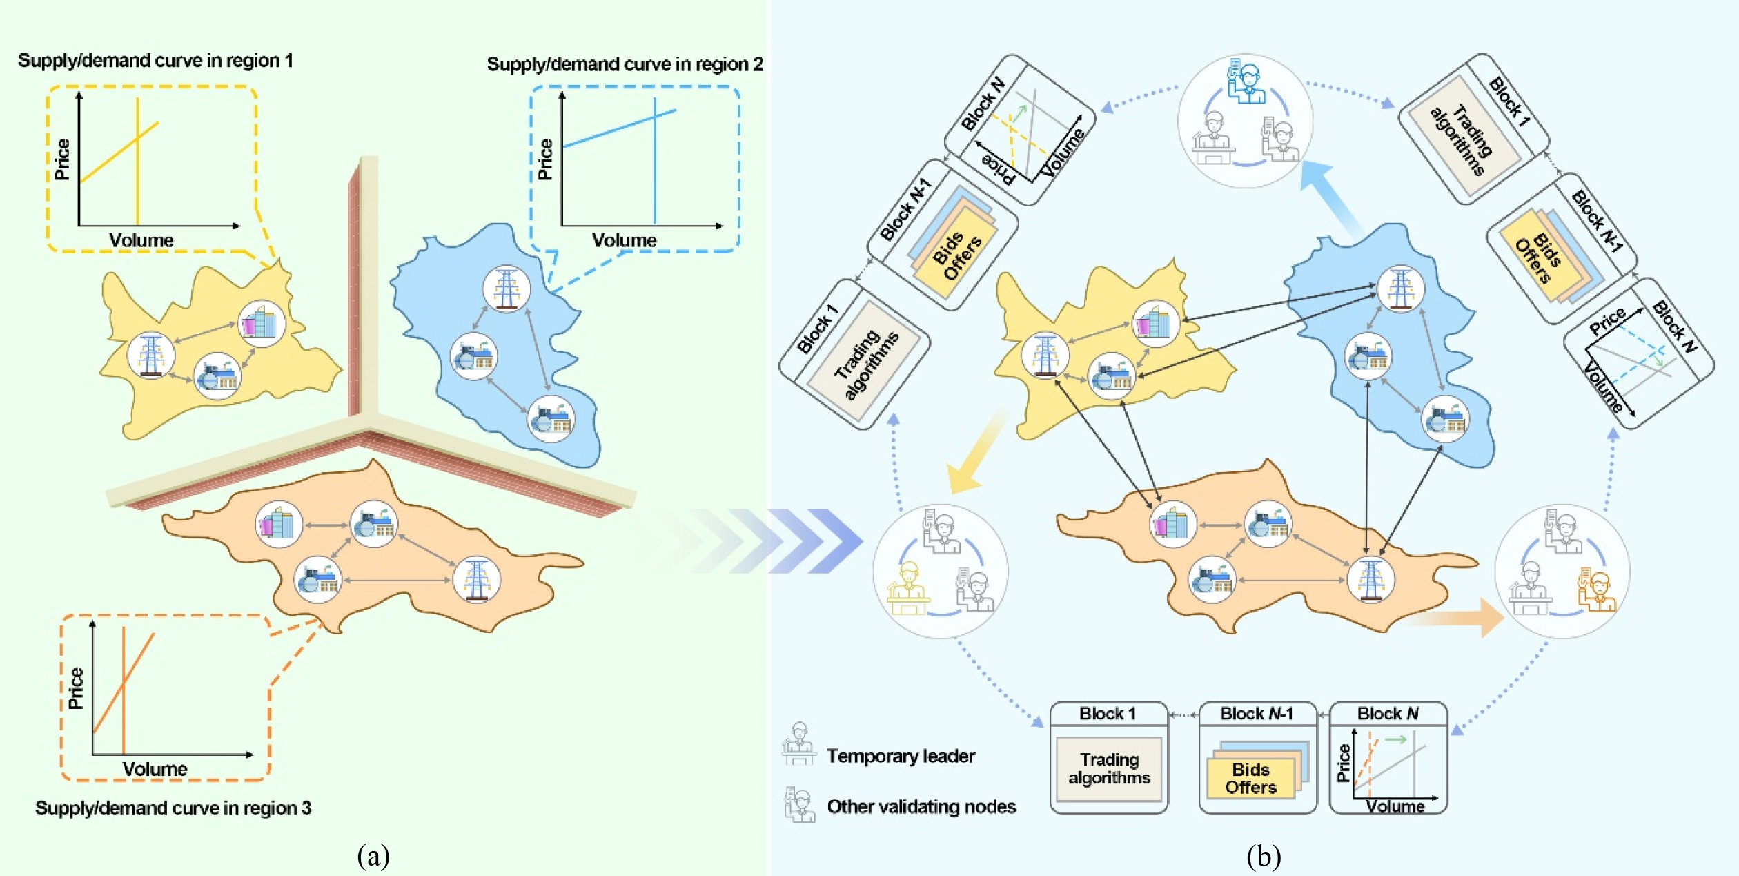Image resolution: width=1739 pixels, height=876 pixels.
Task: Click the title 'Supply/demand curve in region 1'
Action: [x=155, y=61]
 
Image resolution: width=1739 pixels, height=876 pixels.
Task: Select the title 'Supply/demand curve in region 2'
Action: [x=625, y=64]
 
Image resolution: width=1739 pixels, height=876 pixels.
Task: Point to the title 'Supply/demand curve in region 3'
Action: [x=173, y=808]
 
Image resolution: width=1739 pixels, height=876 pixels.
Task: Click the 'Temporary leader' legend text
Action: [x=901, y=756]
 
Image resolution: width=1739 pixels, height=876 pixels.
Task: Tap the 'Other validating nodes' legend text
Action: [x=921, y=806]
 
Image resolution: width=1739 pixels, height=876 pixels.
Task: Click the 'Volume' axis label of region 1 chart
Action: [x=141, y=240]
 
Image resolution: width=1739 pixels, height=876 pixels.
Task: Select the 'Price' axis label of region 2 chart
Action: [x=545, y=159]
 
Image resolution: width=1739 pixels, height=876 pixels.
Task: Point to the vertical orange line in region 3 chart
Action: [x=124, y=690]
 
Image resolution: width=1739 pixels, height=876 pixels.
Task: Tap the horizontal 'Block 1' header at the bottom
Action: [x=1108, y=714]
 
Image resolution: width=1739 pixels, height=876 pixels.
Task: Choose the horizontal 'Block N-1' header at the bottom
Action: [x=1257, y=714]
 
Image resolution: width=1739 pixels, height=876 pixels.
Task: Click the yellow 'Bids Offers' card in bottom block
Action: [x=1250, y=779]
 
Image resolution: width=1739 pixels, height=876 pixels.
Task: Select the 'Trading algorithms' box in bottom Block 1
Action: [x=1109, y=769]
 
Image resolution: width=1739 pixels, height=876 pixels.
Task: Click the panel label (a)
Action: [x=373, y=856]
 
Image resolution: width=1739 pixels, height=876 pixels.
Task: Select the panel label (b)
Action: [x=1264, y=856]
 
